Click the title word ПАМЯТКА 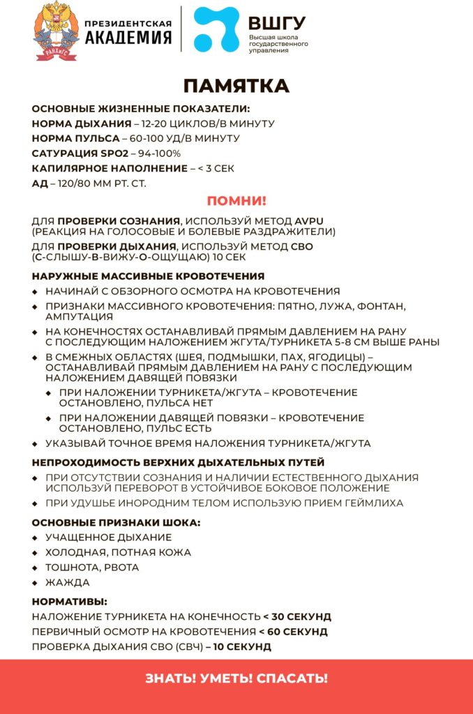(x=236, y=86)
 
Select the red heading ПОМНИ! (x=236, y=202)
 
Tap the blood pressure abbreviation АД (x=39, y=184)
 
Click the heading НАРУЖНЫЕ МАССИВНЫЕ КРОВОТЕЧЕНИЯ (x=148, y=276)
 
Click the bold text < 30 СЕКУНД (x=297, y=616)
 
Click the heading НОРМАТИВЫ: (x=70, y=601)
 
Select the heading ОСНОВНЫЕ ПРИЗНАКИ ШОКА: (x=117, y=523)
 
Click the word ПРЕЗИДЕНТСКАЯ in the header (x=128, y=22)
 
